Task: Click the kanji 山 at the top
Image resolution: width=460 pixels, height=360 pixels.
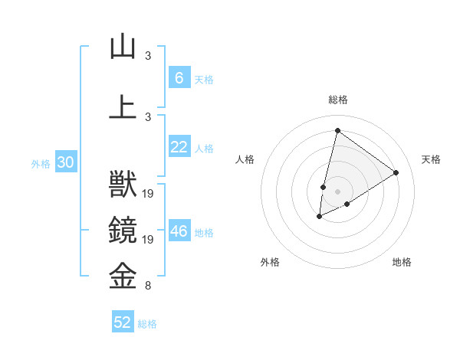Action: coord(123,47)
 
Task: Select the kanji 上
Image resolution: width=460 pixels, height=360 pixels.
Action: coord(123,106)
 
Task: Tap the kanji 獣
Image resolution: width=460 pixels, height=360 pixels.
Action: coord(123,186)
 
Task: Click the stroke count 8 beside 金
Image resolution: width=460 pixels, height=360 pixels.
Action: coord(148,286)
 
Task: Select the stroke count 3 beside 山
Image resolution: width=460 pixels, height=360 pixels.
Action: coord(148,57)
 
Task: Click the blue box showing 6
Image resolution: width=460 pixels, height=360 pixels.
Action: coord(179,78)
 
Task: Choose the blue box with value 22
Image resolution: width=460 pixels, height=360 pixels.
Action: coord(179,147)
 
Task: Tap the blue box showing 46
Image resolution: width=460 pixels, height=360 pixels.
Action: coord(179,231)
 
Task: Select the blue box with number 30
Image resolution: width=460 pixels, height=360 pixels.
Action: coord(64,162)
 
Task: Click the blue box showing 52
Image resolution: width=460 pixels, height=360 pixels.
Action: coord(123,322)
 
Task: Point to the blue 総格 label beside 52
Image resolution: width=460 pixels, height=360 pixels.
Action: coord(147,324)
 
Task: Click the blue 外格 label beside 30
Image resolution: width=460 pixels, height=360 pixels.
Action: coord(41,164)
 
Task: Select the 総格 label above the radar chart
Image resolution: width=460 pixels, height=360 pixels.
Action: coord(337,100)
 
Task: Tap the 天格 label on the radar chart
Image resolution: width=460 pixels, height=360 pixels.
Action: coord(431,159)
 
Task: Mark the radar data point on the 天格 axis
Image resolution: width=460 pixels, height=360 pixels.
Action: coord(396,172)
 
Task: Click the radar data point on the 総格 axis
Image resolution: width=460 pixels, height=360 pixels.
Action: coord(337,131)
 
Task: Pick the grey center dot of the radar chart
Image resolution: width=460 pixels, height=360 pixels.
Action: coord(337,191)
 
